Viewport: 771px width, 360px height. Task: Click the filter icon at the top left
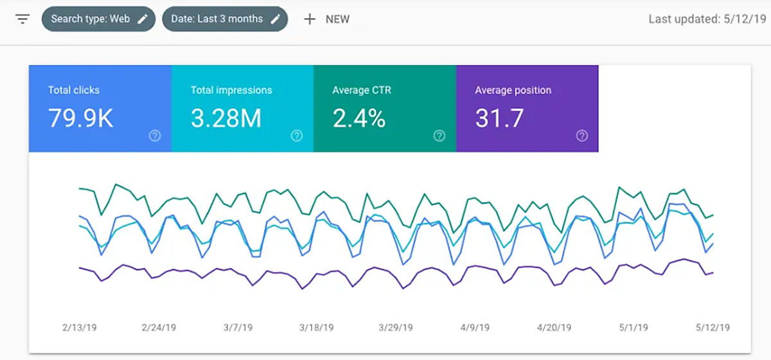[22, 19]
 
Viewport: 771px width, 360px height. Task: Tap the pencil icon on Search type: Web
[143, 19]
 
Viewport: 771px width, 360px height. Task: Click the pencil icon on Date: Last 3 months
[275, 19]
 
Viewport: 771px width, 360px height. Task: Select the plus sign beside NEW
[310, 19]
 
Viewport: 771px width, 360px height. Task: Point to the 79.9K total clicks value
[80, 118]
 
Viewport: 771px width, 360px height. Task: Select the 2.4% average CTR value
[359, 118]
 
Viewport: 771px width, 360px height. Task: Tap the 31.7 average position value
[499, 118]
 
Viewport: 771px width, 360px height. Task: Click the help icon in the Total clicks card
[155, 136]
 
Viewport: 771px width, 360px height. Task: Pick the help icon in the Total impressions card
[297, 136]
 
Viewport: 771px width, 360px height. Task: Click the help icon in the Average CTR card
[439, 136]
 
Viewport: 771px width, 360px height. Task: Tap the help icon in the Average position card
[582, 136]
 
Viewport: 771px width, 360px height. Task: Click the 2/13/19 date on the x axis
[79, 327]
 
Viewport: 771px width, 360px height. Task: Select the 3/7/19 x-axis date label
[238, 327]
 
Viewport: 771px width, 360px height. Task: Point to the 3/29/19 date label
[396, 327]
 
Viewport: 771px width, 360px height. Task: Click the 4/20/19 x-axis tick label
[554, 327]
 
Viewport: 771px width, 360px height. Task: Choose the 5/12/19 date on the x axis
[713, 327]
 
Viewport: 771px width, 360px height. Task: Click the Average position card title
[513, 91]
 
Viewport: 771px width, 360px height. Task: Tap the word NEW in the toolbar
[337, 19]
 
